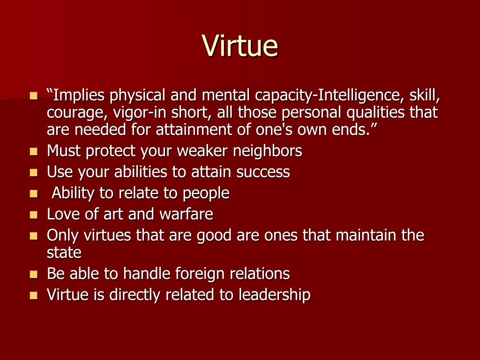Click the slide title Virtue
click(240, 45)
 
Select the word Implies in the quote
click(79, 95)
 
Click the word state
click(64, 253)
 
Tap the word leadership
click(275, 294)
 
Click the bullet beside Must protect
click(34, 151)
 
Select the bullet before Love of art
click(34, 215)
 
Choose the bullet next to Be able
click(34, 274)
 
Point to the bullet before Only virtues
click(34, 236)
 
